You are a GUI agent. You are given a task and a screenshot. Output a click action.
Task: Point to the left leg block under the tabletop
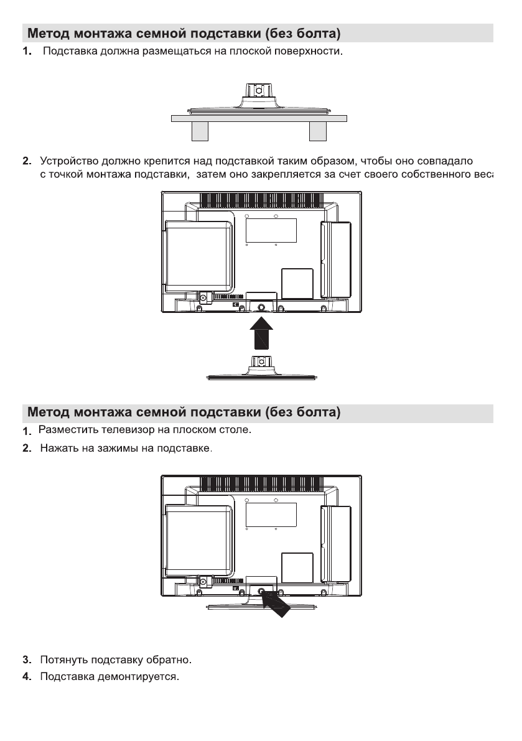(x=200, y=131)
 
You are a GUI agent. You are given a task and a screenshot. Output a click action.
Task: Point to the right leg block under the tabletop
(x=317, y=131)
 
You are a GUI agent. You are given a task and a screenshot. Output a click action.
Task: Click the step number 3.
(x=27, y=659)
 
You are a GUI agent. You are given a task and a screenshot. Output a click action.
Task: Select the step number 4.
(x=27, y=676)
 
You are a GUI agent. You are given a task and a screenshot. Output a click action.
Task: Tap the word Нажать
(x=58, y=448)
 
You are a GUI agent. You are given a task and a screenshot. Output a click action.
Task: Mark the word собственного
(x=434, y=175)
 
